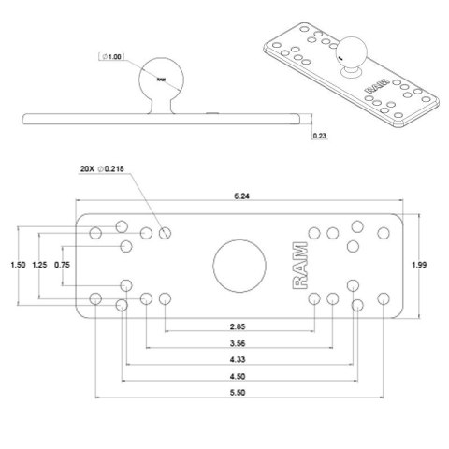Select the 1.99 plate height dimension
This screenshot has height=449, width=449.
click(x=421, y=265)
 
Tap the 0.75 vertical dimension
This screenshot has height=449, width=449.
click(x=62, y=265)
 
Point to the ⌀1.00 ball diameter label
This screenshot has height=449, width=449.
click(x=112, y=57)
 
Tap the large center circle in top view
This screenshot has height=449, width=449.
click(x=238, y=265)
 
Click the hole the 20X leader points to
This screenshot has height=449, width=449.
click(x=166, y=232)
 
